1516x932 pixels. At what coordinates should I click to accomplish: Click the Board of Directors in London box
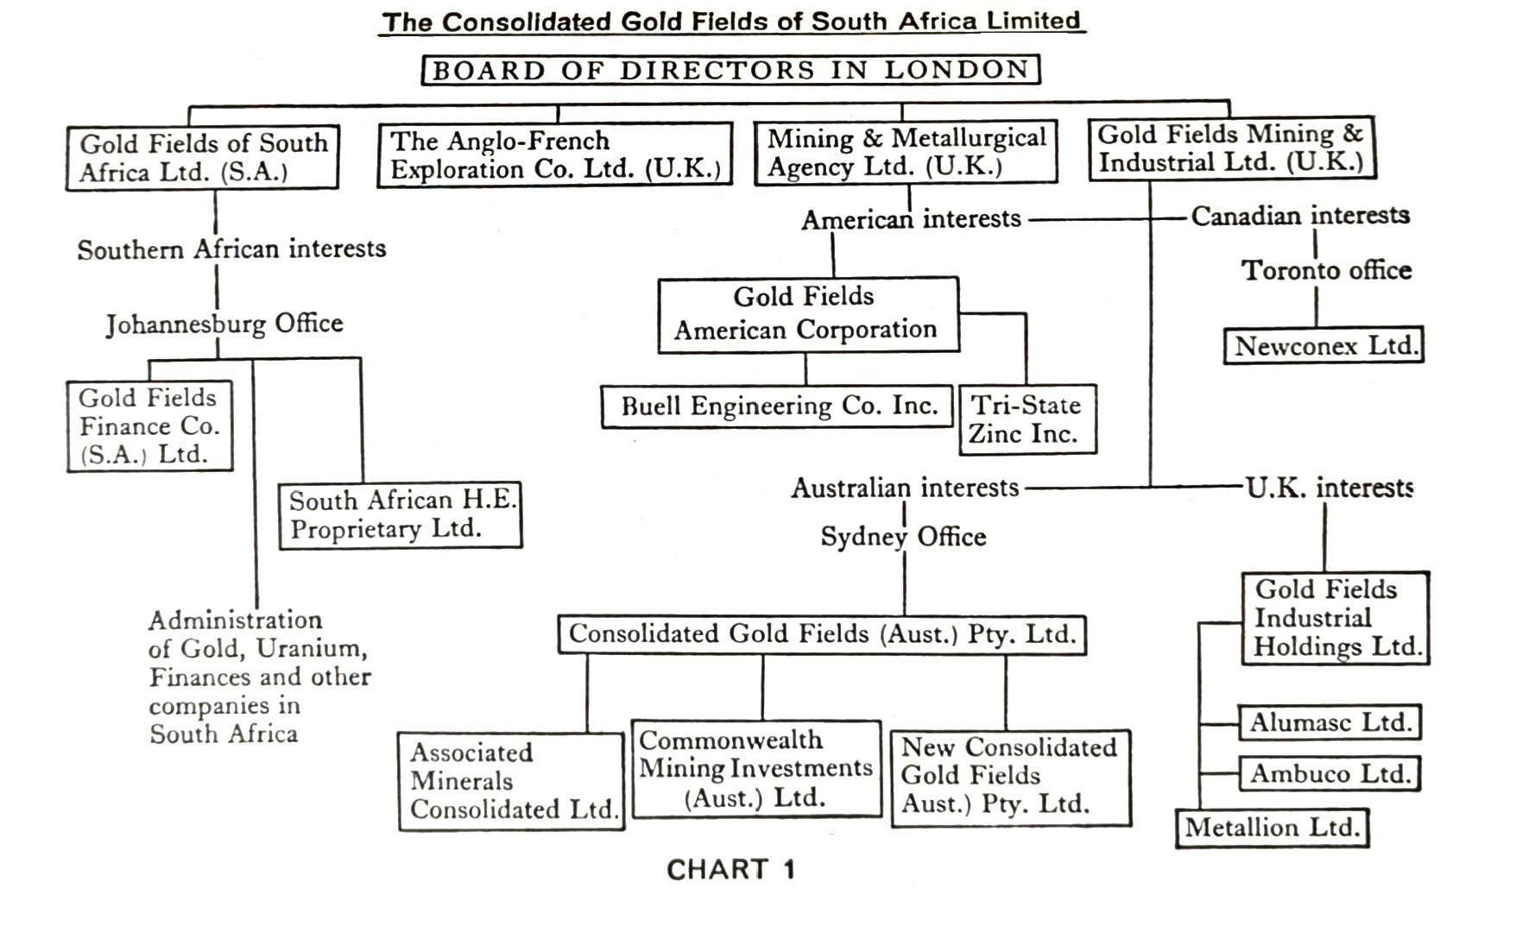click(730, 70)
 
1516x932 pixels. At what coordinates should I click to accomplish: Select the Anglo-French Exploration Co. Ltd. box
click(554, 154)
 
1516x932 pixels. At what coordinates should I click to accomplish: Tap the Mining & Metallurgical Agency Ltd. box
click(906, 153)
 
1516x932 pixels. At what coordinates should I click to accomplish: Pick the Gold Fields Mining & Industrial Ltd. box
click(1231, 148)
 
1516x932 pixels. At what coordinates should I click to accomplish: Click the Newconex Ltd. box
click(1323, 346)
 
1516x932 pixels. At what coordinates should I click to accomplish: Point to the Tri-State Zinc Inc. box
click(1026, 419)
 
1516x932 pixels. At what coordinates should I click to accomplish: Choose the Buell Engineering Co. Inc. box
click(777, 406)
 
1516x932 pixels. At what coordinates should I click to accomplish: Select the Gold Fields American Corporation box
click(807, 314)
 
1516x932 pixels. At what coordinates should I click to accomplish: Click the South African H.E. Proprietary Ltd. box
click(401, 515)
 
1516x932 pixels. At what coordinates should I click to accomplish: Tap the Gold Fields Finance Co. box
click(149, 426)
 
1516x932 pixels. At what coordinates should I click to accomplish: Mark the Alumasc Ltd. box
click(1330, 722)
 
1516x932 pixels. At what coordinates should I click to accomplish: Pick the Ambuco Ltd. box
click(1330, 773)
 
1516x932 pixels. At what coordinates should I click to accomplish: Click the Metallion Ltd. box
click(1272, 828)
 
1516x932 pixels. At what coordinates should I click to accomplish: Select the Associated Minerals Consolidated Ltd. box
click(511, 781)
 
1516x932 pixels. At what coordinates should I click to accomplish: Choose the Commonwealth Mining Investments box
click(756, 769)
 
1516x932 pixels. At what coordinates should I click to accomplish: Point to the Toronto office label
click(1326, 270)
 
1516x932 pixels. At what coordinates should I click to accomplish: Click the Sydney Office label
click(903, 537)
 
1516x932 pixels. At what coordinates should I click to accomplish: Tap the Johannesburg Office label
click(224, 324)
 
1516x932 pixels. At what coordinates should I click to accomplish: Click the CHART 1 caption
click(730, 869)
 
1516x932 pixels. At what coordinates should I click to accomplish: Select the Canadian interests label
click(1300, 215)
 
